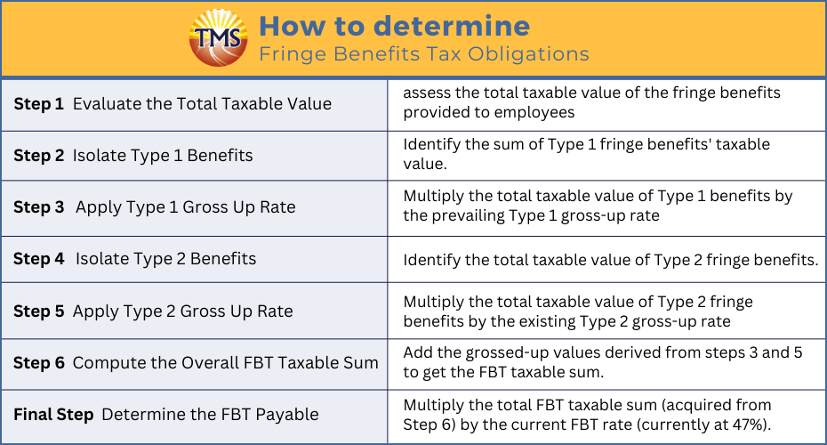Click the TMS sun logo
[x=218, y=37]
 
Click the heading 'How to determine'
[x=395, y=26]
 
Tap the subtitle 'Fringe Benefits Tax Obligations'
[x=424, y=53]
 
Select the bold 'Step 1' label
[x=38, y=104]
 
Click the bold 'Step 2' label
[x=38, y=156]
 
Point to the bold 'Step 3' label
[x=38, y=207]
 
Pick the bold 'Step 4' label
[x=38, y=259]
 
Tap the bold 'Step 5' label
[x=38, y=311]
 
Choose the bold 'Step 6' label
[x=38, y=362]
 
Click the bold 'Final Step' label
[x=53, y=415]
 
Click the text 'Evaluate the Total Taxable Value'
[x=202, y=103]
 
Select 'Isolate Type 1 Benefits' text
[x=163, y=156]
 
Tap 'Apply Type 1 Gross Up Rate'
[x=185, y=207]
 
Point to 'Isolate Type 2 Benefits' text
[x=165, y=259]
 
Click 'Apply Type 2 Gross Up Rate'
[x=182, y=311]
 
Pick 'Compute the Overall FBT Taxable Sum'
[x=225, y=362]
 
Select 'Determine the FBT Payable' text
[x=210, y=415]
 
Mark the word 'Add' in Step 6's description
[x=417, y=352]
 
